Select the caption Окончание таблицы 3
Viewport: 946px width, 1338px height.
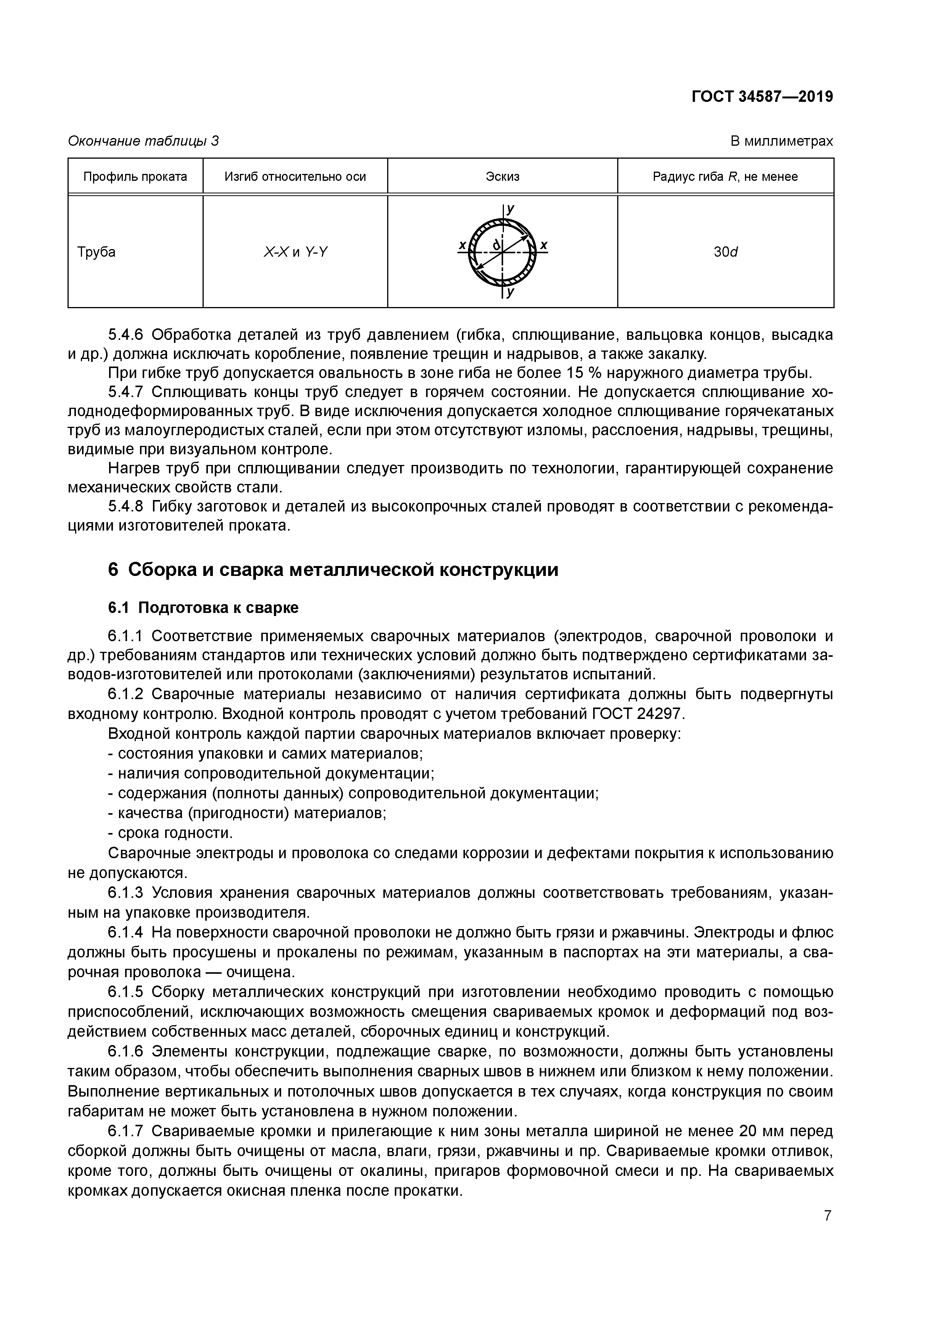click(x=143, y=141)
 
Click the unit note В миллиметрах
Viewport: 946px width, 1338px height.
click(x=782, y=141)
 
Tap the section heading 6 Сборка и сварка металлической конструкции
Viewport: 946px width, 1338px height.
click(x=333, y=569)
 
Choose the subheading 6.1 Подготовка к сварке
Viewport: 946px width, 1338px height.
click(x=203, y=608)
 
